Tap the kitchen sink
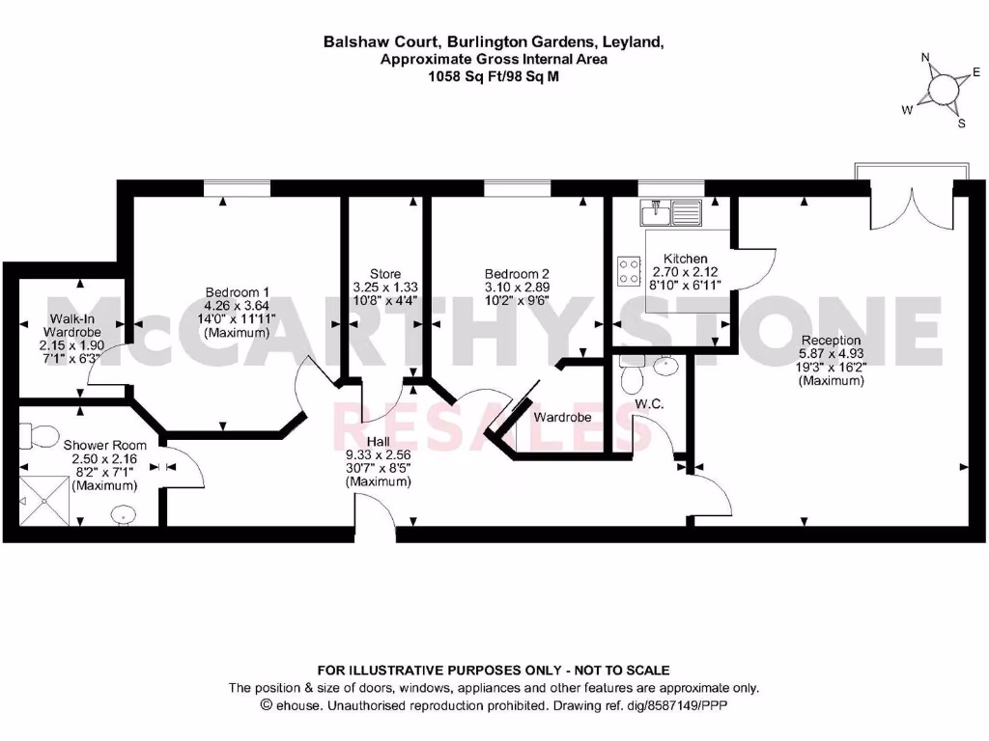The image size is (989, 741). [x=675, y=210]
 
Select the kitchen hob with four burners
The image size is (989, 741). [x=629, y=271]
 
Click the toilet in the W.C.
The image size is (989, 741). [x=633, y=371]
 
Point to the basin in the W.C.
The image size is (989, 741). [x=665, y=366]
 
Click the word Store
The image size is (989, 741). [x=385, y=274]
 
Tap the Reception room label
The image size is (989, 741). [x=831, y=340]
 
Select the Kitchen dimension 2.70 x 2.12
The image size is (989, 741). [x=686, y=273]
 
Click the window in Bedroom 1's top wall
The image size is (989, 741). [x=238, y=188]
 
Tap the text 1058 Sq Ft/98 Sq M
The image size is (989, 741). [x=494, y=76]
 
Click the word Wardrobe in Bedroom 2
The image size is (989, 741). [x=562, y=418]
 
